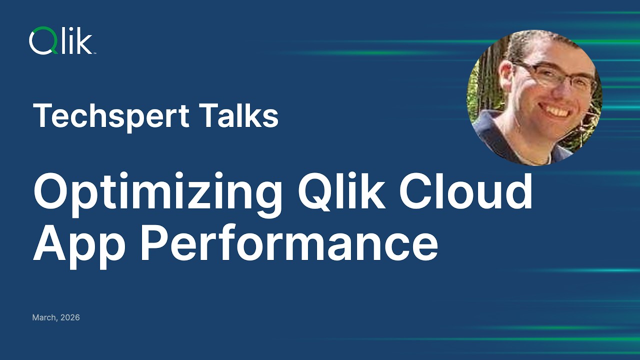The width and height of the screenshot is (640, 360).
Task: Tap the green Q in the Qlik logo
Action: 40,41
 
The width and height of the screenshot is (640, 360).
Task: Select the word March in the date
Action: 43,317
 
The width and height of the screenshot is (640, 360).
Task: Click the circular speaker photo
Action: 534,97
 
